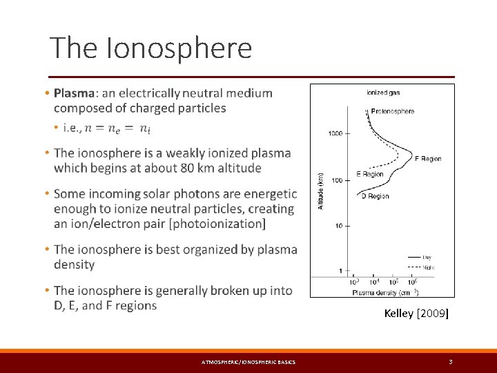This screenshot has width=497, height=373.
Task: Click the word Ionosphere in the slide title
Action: pyautogui.click(x=180, y=48)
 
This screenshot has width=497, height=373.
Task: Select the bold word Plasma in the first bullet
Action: pyautogui.click(x=75, y=93)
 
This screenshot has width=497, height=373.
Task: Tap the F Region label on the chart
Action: pyautogui.click(x=427, y=159)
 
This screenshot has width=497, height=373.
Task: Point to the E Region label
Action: pyautogui.click(x=369, y=175)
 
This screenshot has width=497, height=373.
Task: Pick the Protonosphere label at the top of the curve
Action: pyautogui.click(x=392, y=111)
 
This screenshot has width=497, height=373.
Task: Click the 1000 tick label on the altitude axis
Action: pyautogui.click(x=335, y=133)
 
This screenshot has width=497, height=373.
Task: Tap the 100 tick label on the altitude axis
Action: pyautogui.click(x=337, y=180)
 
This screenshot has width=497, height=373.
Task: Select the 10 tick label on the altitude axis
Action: pyautogui.click(x=339, y=226)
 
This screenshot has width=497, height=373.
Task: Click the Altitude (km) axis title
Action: pyautogui.click(x=320, y=191)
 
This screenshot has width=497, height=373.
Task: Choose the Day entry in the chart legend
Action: pyautogui.click(x=427, y=257)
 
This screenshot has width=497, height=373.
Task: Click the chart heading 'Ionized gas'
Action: pyautogui.click(x=382, y=93)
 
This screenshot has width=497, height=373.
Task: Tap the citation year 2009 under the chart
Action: pyautogui.click(x=431, y=314)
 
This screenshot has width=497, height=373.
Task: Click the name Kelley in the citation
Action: pyautogui.click(x=398, y=314)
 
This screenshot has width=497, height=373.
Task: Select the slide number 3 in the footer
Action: pyautogui.click(x=450, y=362)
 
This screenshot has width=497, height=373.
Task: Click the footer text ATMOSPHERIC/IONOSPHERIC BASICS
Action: pyautogui.click(x=248, y=363)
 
